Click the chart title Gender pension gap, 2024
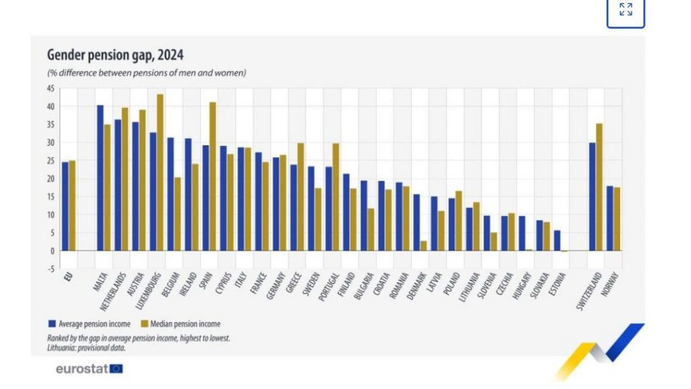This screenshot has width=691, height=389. pyautogui.click(x=115, y=55)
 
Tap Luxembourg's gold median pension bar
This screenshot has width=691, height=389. pyautogui.click(x=160, y=172)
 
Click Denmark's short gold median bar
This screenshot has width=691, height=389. pyautogui.click(x=422, y=246)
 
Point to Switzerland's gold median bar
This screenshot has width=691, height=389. pyautogui.click(x=599, y=187)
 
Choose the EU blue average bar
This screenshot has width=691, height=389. pyautogui.click(x=65, y=206)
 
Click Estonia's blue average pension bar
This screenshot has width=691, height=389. pyautogui.click(x=557, y=240)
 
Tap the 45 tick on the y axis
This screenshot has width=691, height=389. pyautogui.click(x=50, y=88)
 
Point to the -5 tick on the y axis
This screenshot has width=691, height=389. pyautogui.click(x=51, y=269)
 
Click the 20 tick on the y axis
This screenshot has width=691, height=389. pyautogui.click(x=50, y=179)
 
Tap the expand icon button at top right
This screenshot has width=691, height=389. pyautogui.click(x=626, y=9)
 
